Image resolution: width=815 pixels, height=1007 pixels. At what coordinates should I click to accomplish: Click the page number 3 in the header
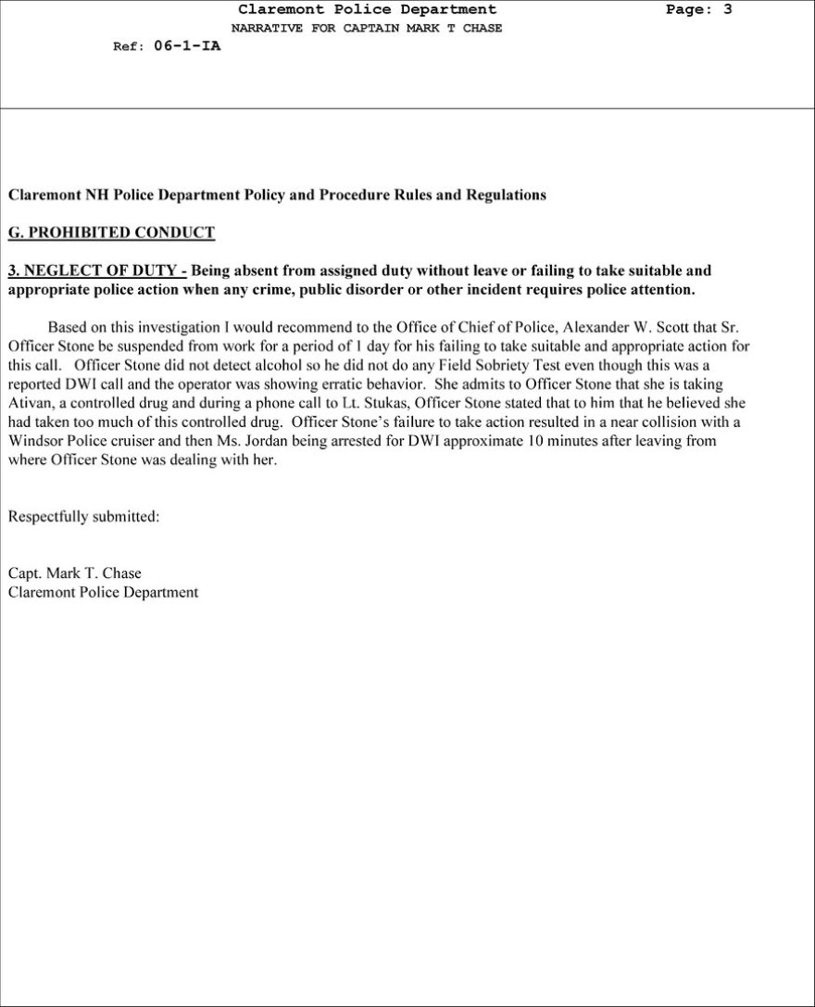[x=728, y=10]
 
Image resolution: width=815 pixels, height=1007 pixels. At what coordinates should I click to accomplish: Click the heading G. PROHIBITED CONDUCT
[x=111, y=233]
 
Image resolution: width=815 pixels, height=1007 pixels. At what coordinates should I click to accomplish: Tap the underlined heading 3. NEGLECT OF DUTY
[x=96, y=271]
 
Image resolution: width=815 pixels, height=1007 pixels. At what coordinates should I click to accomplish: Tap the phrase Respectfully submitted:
[x=83, y=517]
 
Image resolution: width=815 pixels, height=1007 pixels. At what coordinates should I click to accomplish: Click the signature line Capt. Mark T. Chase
[x=74, y=573]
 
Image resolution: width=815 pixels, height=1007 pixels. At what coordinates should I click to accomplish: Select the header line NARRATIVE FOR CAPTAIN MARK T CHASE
[x=367, y=28]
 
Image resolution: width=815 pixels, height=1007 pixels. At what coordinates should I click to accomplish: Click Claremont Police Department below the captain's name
[x=103, y=592]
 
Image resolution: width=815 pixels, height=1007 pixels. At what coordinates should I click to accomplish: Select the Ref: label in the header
[x=127, y=47]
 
